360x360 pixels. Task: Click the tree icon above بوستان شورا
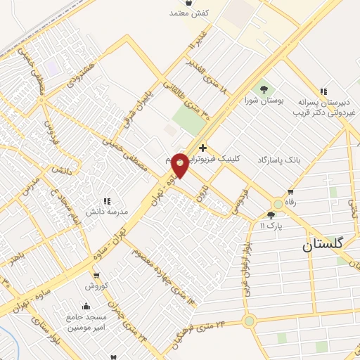click(264, 89)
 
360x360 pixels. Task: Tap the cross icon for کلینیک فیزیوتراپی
click(202, 147)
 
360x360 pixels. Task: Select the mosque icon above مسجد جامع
click(85, 306)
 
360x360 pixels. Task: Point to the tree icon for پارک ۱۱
click(271, 215)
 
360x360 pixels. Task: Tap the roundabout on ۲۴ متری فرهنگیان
click(249, 321)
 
